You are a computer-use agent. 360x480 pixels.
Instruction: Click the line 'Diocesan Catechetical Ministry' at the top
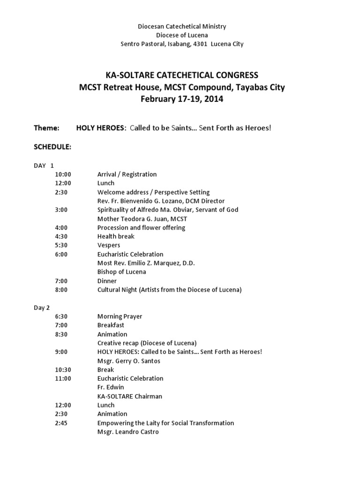coord(182,27)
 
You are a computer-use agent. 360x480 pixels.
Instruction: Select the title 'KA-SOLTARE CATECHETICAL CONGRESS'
coord(182,75)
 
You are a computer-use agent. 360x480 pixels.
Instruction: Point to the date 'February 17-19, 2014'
coord(182,99)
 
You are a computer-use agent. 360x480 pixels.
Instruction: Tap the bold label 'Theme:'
coord(46,127)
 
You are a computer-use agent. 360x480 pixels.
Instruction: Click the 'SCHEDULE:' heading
coord(52,147)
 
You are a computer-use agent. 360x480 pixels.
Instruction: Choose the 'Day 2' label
coord(42,307)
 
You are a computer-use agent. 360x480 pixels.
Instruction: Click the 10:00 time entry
coord(63,174)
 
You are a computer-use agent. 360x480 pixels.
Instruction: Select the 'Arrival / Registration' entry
coord(127,174)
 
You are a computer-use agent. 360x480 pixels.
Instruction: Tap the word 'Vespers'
coord(109,245)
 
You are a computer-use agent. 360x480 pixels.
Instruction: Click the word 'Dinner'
coord(107,281)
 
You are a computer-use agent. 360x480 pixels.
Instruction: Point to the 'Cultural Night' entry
coord(169,290)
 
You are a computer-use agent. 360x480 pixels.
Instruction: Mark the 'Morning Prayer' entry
coord(120,316)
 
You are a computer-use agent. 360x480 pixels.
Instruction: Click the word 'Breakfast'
coord(111,325)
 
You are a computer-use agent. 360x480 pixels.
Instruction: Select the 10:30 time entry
coord(63,369)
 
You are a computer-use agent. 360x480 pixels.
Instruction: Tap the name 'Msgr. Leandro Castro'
coord(128,432)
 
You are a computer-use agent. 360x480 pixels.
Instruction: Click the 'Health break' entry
coord(116,236)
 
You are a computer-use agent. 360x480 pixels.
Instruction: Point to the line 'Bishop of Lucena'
coord(122,272)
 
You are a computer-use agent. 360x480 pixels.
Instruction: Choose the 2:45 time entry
coord(61,423)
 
